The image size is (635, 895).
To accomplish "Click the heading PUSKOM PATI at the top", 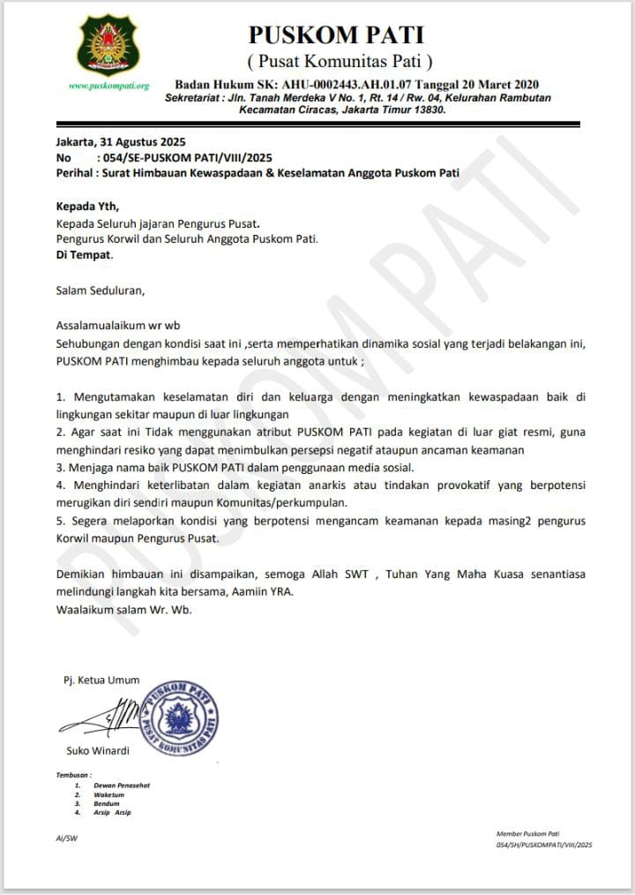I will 336,34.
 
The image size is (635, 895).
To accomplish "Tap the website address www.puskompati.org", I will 108,86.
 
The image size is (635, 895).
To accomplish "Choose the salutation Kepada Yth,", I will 86,206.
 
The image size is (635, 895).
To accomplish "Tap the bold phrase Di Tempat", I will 85,254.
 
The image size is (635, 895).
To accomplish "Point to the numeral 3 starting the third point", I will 59,467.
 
